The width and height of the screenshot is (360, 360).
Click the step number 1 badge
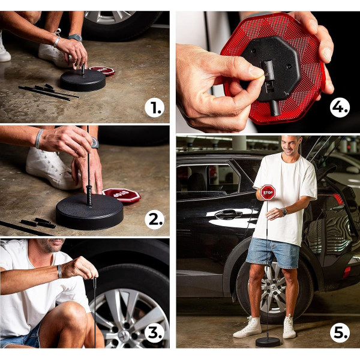[155, 108]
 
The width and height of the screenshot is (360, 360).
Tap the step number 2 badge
[155, 220]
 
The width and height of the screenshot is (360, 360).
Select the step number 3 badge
[155, 332]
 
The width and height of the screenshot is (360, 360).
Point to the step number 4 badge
[340, 108]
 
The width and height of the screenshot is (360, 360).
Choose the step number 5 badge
[340, 332]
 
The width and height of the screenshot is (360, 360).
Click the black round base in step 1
[83, 80]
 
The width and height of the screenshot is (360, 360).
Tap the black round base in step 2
[89, 211]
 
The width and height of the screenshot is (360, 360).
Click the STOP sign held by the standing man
[268, 192]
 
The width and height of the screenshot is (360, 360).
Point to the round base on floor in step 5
[268, 341]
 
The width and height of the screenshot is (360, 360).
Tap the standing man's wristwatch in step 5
[284, 211]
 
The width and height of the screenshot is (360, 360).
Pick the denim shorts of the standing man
[273, 253]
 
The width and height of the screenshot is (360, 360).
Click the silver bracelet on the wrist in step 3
[59, 271]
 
